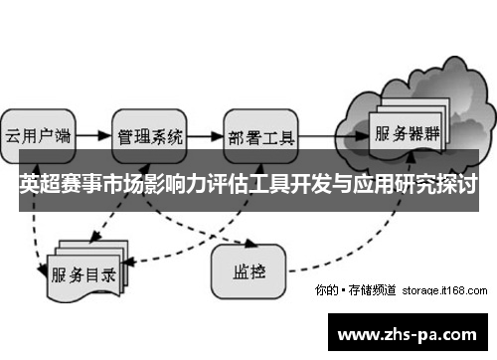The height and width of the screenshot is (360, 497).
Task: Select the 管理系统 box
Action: (x=150, y=135)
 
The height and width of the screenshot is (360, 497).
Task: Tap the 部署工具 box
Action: (x=260, y=135)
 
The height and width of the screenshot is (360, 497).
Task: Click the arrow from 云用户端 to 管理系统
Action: (x=92, y=134)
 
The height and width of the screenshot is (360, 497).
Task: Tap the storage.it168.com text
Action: (x=444, y=291)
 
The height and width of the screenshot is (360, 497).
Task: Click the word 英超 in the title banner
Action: (x=38, y=185)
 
